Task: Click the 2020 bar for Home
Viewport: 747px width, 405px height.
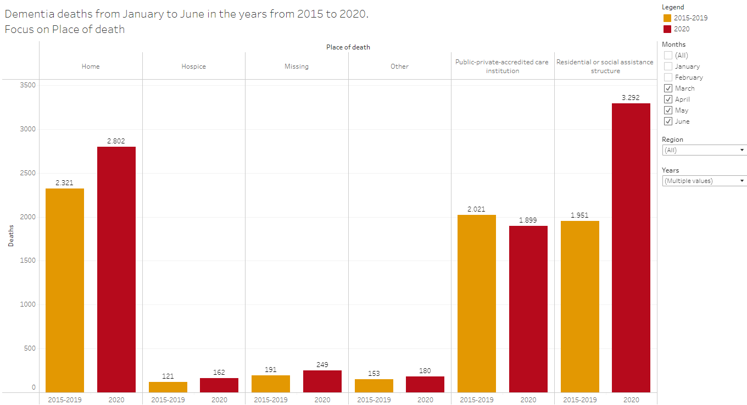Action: [x=116, y=269]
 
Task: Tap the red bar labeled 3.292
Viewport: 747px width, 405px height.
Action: [x=631, y=247]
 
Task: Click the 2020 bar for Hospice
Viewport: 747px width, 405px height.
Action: [x=219, y=385]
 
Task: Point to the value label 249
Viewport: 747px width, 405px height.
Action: [x=322, y=365]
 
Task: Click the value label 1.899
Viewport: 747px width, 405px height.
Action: [x=528, y=220]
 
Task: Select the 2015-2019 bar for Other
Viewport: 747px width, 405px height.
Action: [x=374, y=385]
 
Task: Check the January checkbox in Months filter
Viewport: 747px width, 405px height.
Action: [x=668, y=66]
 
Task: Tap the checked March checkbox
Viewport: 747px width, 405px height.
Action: [x=668, y=88]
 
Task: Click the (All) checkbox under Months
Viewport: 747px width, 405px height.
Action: [x=668, y=56]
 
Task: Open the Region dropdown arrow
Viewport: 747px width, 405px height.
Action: [x=742, y=150]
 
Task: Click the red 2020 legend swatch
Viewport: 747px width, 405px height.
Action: [x=667, y=29]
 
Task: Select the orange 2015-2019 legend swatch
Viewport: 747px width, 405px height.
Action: [x=667, y=18]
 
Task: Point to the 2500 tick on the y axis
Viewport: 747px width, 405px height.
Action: [x=27, y=173]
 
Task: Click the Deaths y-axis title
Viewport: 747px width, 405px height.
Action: [x=11, y=235]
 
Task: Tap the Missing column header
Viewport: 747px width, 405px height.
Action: [x=297, y=66]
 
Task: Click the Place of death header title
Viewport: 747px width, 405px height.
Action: [x=348, y=47]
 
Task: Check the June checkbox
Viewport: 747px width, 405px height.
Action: [x=668, y=121]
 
